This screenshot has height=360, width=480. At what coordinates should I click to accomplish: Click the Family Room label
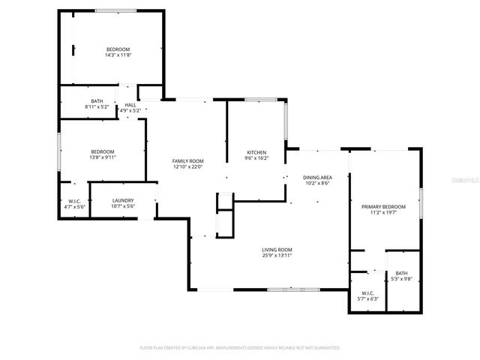click(x=187, y=161)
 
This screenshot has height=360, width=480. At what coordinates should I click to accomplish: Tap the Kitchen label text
click(x=257, y=153)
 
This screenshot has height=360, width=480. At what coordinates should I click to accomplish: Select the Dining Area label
click(x=317, y=178)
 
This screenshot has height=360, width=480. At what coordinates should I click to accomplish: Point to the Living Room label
click(x=277, y=250)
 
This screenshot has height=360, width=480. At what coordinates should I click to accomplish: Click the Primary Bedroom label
click(x=383, y=207)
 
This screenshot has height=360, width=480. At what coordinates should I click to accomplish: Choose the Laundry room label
click(x=122, y=200)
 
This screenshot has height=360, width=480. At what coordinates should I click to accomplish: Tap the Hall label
click(x=130, y=105)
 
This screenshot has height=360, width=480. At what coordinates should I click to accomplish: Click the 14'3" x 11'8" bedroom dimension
click(x=118, y=55)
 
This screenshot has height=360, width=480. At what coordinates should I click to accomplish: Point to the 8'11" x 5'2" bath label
click(x=97, y=107)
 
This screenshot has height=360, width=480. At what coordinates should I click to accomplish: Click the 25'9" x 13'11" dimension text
click(x=277, y=256)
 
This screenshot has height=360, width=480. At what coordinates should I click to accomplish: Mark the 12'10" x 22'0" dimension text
click(x=187, y=167)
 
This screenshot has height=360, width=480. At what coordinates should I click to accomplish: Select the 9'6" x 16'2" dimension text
click(x=257, y=159)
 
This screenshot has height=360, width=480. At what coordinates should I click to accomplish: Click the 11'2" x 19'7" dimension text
click(x=383, y=213)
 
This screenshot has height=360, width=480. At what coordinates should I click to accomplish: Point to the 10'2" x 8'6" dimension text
click(x=317, y=184)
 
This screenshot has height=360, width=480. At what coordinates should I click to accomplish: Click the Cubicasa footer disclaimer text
click(x=240, y=348)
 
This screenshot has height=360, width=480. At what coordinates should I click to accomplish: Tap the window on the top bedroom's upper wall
click(x=115, y=10)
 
